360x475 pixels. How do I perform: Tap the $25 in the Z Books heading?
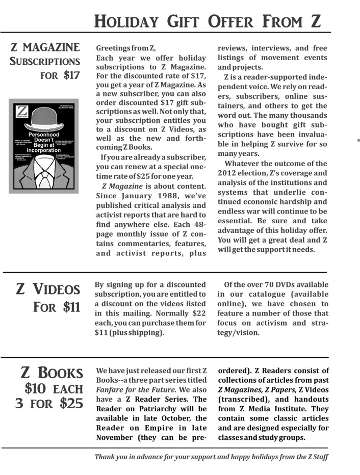click(71, 403)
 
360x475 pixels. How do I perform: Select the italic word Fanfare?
click(110, 390)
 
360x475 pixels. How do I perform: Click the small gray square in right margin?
click(359, 139)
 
